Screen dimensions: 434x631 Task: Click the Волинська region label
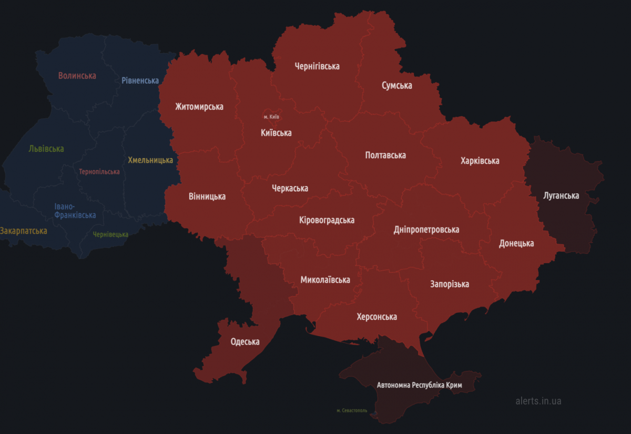click(x=77, y=76)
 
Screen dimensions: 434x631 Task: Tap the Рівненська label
click(x=140, y=81)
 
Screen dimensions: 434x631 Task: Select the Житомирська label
click(x=199, y=107)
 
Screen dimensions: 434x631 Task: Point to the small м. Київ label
click(x=271, y=116)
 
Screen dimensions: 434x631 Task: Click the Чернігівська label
click(x=317, y=66)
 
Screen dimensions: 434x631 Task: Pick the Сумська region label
click(x=396, y=86)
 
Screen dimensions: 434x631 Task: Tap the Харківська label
click(x=480, y=161)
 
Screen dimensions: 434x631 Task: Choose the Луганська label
click(x=561, y=196)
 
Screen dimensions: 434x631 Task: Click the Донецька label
click(x=516, y=243)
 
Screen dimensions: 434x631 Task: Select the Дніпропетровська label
click(x=426, y=230)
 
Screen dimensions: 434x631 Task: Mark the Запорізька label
click(x=450, y=284)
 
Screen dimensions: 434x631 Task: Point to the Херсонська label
click(x=376, y=317)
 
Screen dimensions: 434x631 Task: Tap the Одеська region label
click(x=245, y=342)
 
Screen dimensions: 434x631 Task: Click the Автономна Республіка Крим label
click(x=419, y=385)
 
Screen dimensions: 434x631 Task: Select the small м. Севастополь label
click(x=352, y=410)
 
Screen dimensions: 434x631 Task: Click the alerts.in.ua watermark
click(x=538, y=401)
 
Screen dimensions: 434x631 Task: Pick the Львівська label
click(x=46, y=149)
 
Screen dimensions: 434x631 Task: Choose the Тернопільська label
click(x=99, y=172)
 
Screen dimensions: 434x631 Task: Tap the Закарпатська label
click(x=23, y=231)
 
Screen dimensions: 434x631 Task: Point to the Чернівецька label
click(x=110, y=234)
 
